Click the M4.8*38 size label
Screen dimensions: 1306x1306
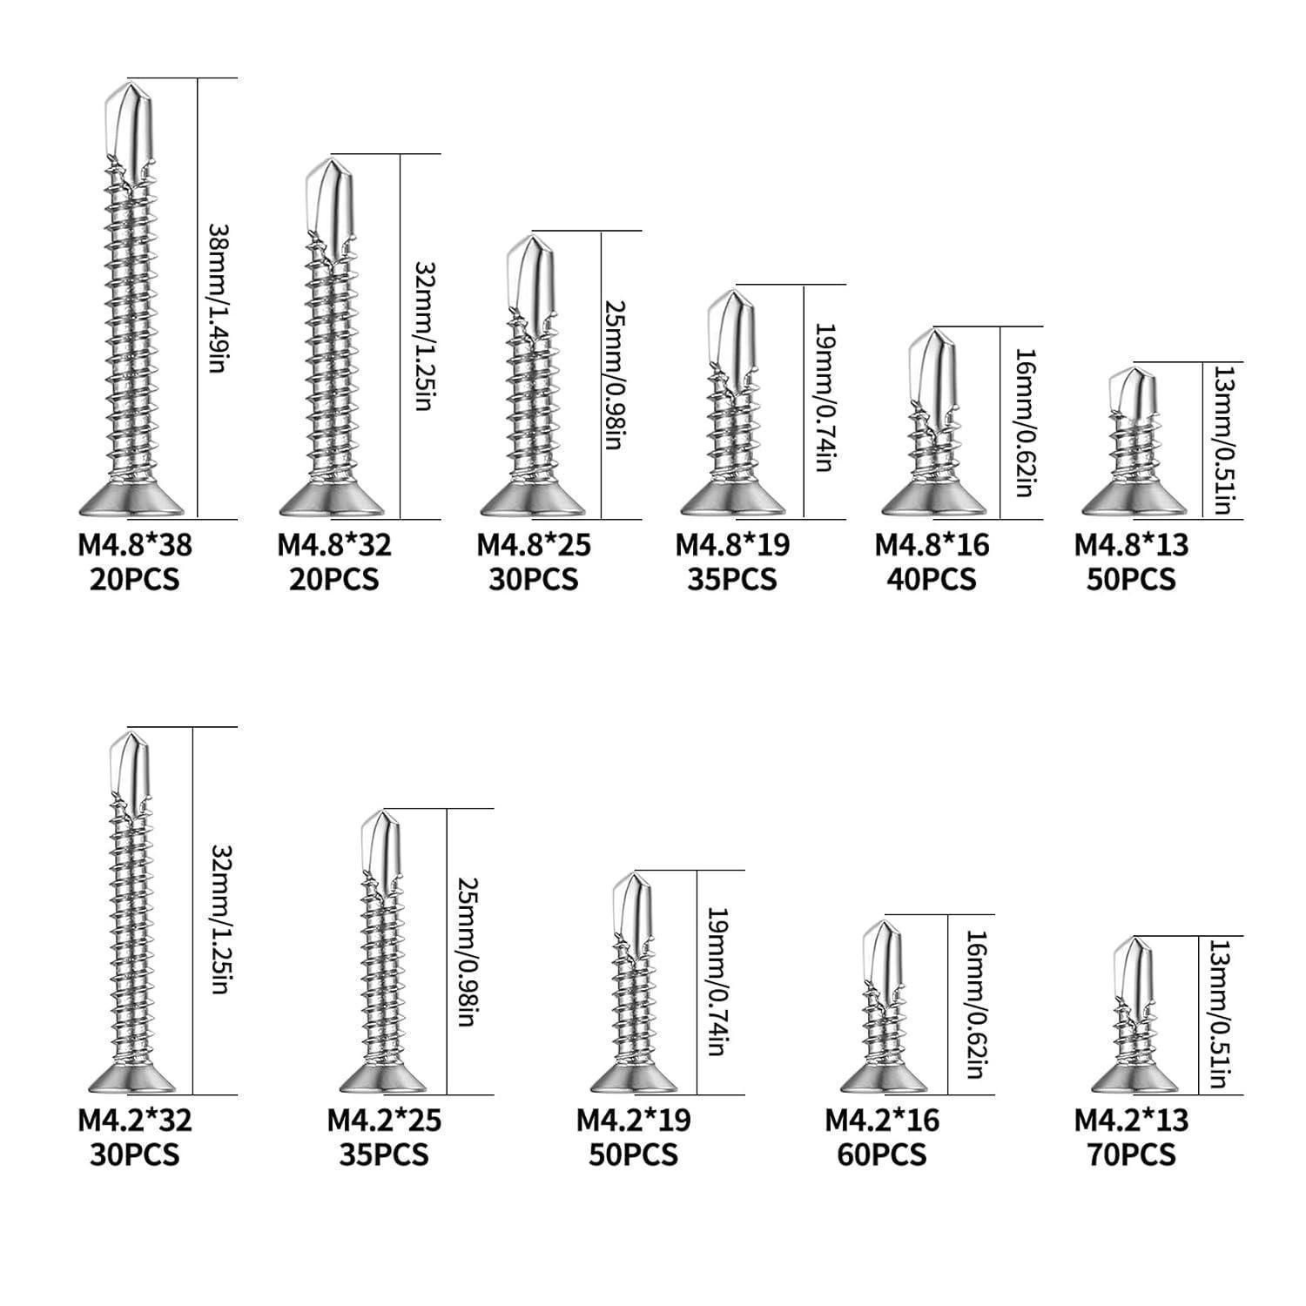click(x=135, y=545)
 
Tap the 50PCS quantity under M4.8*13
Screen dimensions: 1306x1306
click(x=1131, y=579)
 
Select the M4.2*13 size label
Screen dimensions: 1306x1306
click(x=1131, y=1120)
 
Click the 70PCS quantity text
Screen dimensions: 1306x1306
click(x=1131, y=1155)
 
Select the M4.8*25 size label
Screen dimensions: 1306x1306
click(x=533, y=545)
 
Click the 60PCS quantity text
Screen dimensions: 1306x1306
click(x=882, y=1155)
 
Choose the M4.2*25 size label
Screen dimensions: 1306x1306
click(x=384, y=1120)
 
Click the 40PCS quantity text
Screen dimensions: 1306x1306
click(x=932, y=579)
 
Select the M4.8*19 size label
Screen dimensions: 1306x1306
click(x=732, y=545)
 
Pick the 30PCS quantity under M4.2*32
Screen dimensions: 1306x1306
click(x=135, y=1155)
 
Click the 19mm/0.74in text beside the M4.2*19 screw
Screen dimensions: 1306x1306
click(x=717, y=982)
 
